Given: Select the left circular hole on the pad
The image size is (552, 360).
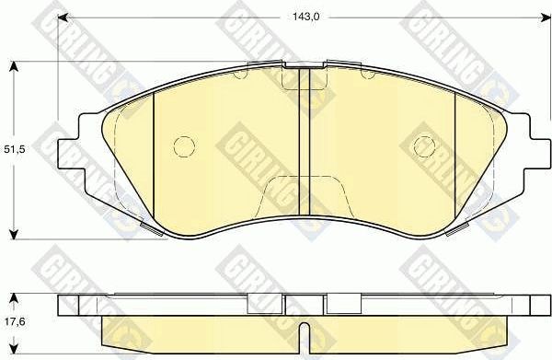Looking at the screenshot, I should click(x=183, y=145).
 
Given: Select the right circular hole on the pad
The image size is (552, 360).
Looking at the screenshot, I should click(x=424, y=145).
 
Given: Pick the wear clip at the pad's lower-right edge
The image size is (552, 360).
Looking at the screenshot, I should click(x=454, y=230).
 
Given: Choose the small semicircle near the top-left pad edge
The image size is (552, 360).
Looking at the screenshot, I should click(x=241, y=75).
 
